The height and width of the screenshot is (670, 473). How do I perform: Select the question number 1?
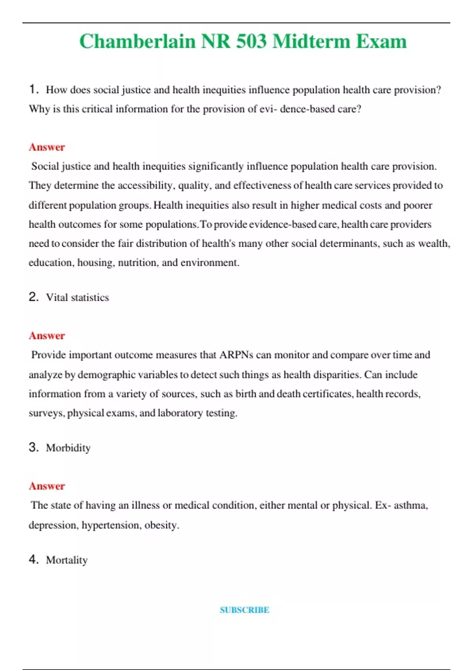coord(33,89)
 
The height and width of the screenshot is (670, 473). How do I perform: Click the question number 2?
coord(33,297)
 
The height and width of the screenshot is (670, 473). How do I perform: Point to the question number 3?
coord(33,447)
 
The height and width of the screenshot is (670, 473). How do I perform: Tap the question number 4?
coord(33,559)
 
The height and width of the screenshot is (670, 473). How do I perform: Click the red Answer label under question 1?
coord(47,147)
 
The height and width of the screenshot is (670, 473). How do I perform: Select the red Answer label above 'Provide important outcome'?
coord(47,336)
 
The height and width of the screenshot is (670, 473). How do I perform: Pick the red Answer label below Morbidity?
coord(47,486)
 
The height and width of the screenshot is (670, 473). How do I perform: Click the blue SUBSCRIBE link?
coord(244,610)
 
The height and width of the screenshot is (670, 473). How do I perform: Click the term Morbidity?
coord(68,448)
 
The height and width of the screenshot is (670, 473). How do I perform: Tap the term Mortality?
coord(67,560)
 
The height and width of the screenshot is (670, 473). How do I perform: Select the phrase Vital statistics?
coord(77,297)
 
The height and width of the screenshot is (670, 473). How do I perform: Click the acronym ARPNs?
coord(236,355)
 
